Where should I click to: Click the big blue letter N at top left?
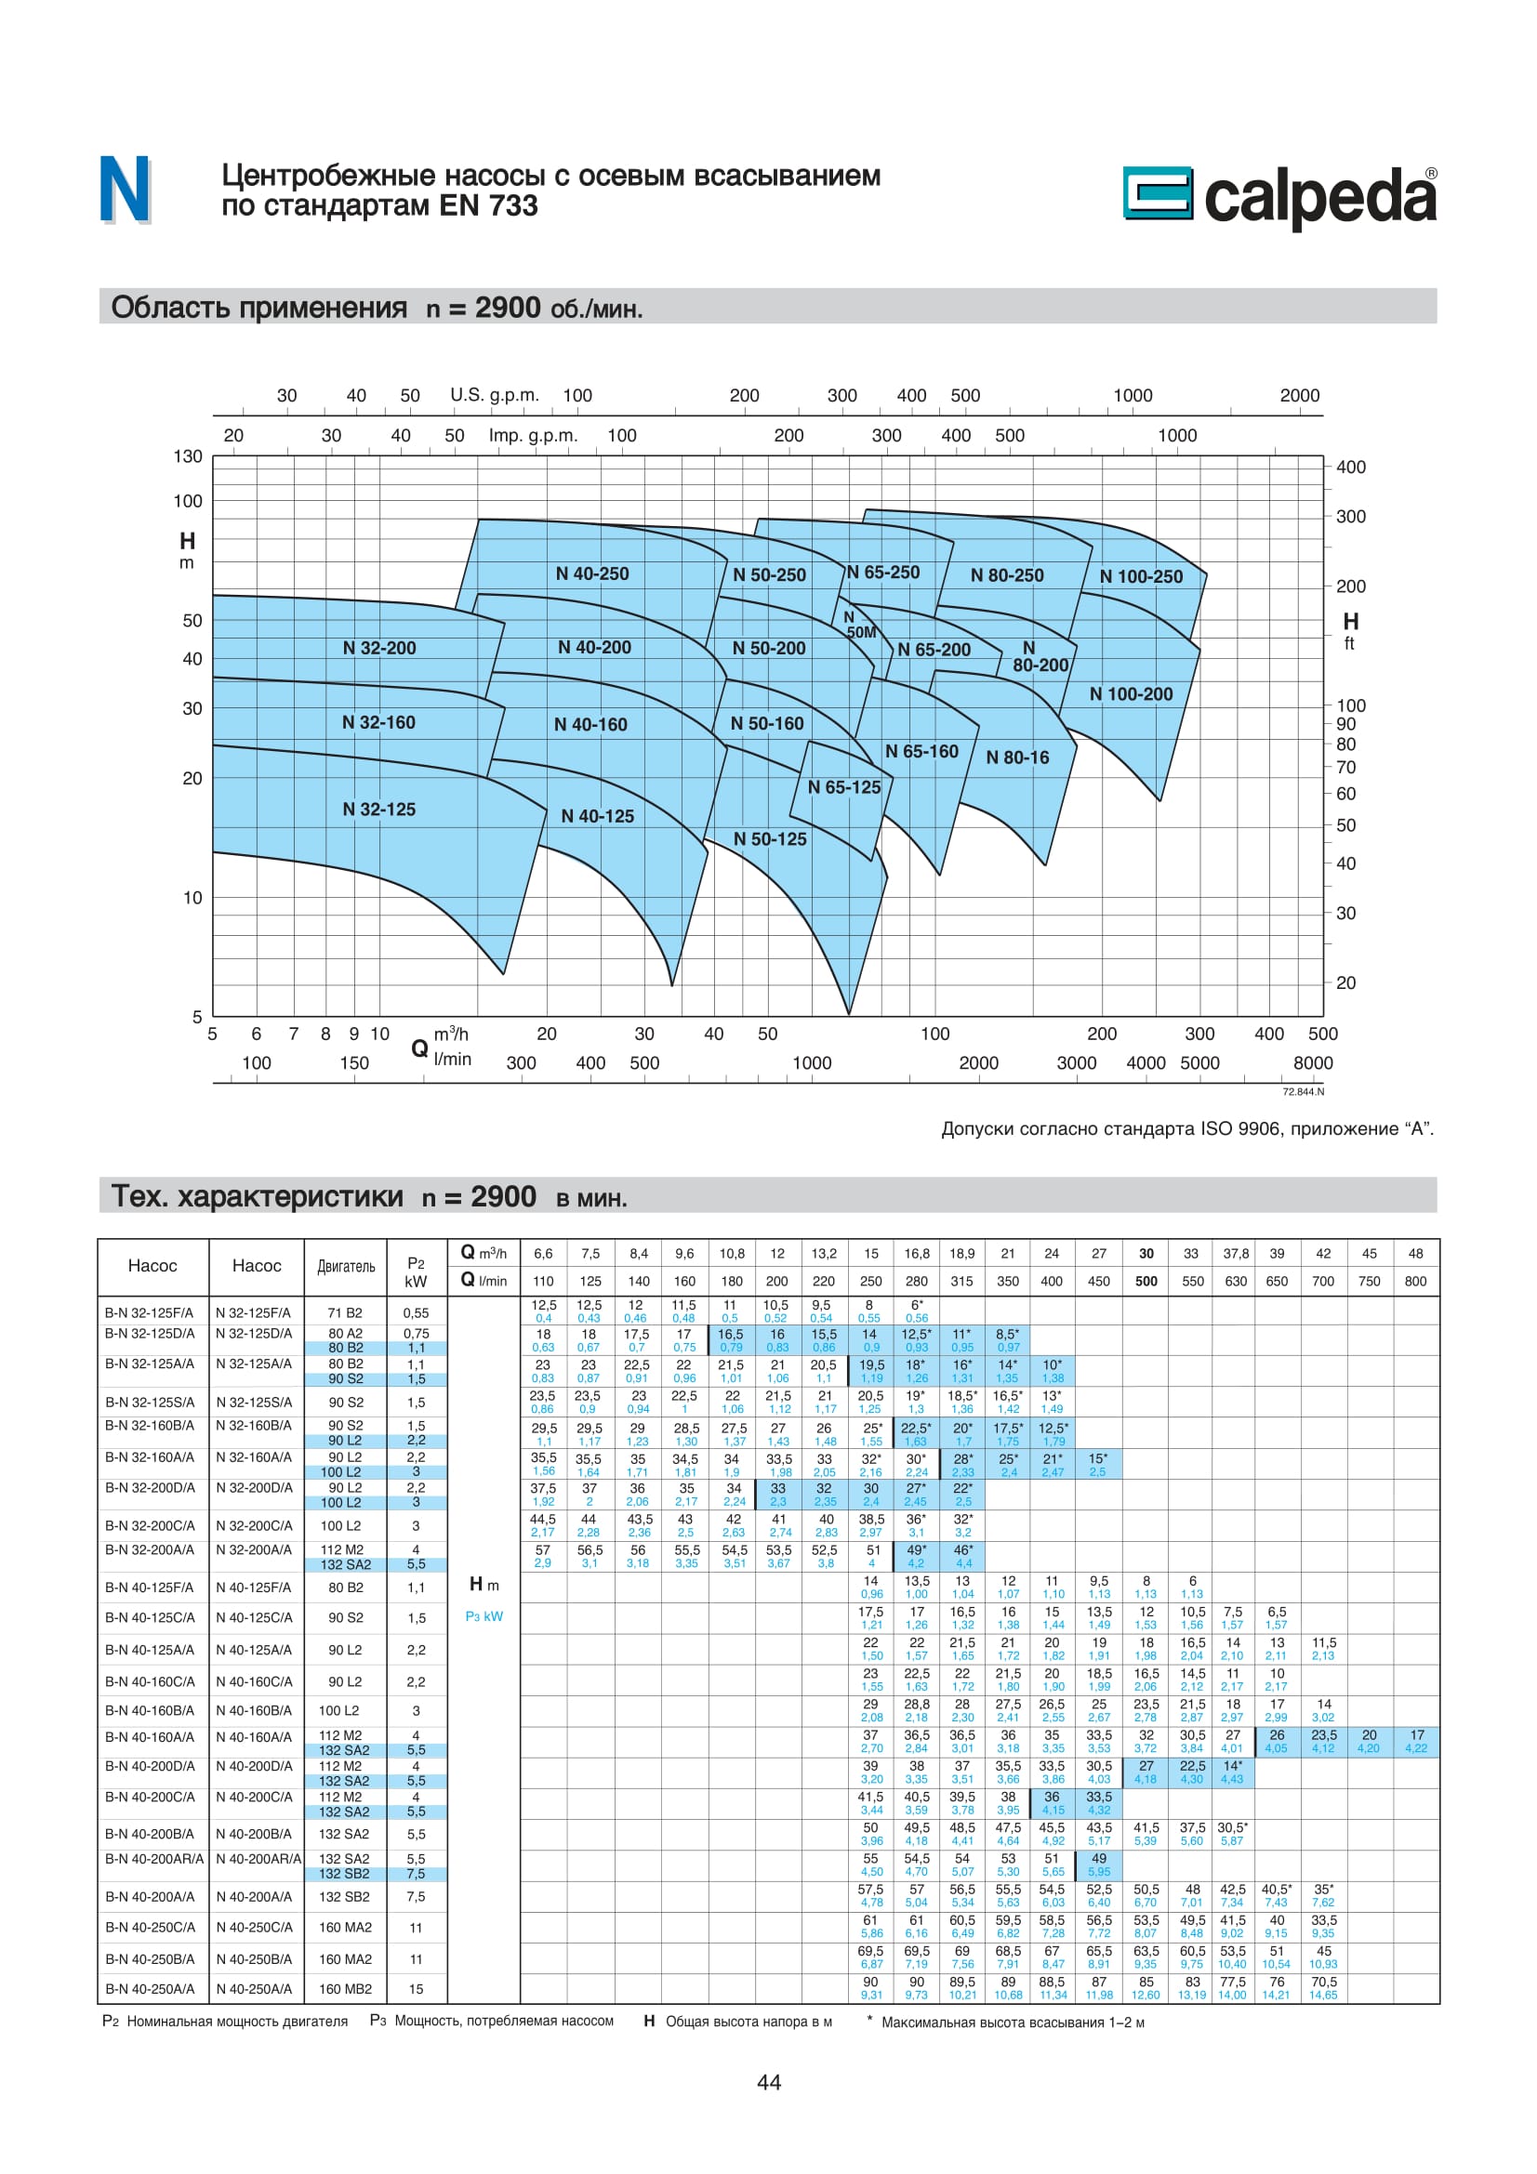point(125,190)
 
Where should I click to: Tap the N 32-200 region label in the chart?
point(378,649)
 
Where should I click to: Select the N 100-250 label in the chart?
point(1140,576)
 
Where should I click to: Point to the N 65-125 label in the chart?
point(843,788)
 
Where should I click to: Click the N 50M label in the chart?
point(859,625)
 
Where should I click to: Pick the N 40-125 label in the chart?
point(598,816)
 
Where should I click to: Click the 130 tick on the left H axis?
point(188,456)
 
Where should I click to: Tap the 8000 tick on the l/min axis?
point(1313,1063)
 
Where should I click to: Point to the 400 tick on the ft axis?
point(1350,467)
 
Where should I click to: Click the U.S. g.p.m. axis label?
point(495,395)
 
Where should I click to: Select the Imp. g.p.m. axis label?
point(533,436)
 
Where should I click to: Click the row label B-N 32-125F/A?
point(150,1312)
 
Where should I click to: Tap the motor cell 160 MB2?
point(345,1989)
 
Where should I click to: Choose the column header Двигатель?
point(346,1267)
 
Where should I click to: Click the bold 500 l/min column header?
point(1146,1281)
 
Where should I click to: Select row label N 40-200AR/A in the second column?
point(258,1859)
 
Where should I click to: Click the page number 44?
point(769,2082)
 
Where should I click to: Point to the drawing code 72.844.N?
point(1303,1092)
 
